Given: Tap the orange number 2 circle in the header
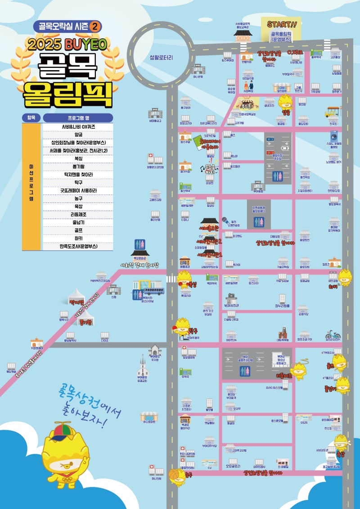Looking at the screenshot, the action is coord(95,26).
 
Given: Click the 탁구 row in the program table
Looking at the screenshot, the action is coord(77,183).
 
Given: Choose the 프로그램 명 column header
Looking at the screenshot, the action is coord(77,118).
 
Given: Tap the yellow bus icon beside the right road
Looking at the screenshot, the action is coord(333,111).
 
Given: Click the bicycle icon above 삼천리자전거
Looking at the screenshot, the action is coord(333,334).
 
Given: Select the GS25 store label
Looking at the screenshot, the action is coord(304,423).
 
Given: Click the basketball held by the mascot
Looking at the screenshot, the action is coord(173,475).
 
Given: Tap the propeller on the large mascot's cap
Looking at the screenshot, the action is coord(63,424).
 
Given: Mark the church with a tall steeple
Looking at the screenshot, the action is coord(143,367).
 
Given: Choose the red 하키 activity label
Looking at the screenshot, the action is coord(333,286).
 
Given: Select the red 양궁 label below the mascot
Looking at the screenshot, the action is coord(285,112).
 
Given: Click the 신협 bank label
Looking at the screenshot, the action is coord(114,297).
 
